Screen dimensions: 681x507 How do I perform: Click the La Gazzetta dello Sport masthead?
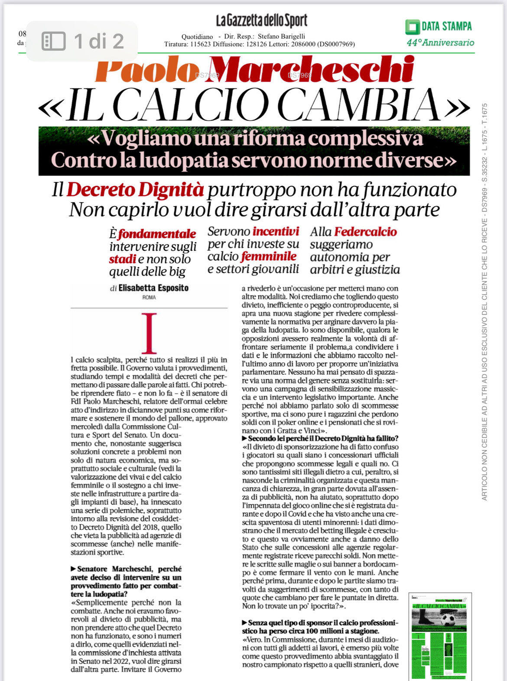point(262,20)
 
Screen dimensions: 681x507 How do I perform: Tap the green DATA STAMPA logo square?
point(412,27)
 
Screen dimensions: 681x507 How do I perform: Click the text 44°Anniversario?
point(440,42)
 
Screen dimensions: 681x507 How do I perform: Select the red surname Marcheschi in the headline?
point(311,69)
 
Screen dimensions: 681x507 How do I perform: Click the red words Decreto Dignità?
point(135,190)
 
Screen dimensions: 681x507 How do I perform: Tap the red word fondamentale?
point(157,234)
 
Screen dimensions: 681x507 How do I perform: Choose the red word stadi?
point(123,259)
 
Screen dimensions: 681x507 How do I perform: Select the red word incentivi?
point(276,231)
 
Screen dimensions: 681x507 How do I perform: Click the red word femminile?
point(269,256)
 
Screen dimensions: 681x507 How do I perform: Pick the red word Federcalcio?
point(366,232)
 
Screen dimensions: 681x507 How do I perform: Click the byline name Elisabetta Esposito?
point(153,288)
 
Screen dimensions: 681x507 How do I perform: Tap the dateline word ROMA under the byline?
point(149,298)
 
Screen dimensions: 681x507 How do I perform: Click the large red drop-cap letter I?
point(149,333)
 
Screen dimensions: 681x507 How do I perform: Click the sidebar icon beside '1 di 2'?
point(53,42)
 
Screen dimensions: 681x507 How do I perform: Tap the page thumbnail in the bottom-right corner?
point(440,637)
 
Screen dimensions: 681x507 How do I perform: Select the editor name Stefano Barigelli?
point(281,36)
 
